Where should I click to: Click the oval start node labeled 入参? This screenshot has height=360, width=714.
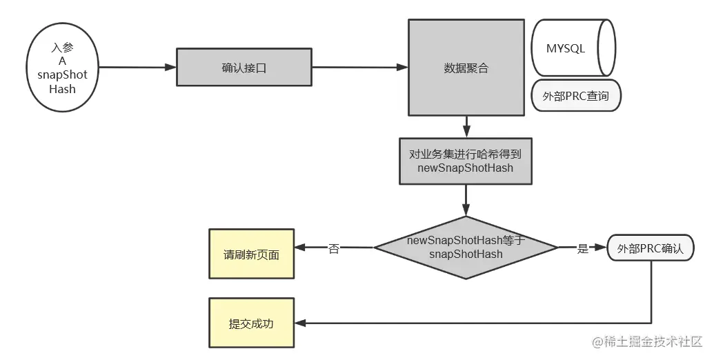tap(63, 68)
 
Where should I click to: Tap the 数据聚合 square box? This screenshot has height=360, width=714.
tap(466, 68)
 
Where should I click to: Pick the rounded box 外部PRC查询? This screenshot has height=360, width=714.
tap(577, 96)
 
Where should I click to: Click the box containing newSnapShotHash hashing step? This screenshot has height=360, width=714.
tap(466, 161)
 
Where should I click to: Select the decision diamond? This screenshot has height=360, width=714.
tap(466, 247)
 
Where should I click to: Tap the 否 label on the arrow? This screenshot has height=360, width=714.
tap(334, 248)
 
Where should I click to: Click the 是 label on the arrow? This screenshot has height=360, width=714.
tap(582, 248)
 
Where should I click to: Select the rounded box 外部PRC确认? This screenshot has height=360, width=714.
tap(650, 248)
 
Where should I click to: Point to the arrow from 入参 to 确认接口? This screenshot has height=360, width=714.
tap(138, 68)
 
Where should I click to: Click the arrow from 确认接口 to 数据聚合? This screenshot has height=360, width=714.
tap(359, 68)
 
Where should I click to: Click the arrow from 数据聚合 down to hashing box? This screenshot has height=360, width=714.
tap(466, 126)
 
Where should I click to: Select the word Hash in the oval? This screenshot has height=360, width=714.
tap(62, 89)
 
